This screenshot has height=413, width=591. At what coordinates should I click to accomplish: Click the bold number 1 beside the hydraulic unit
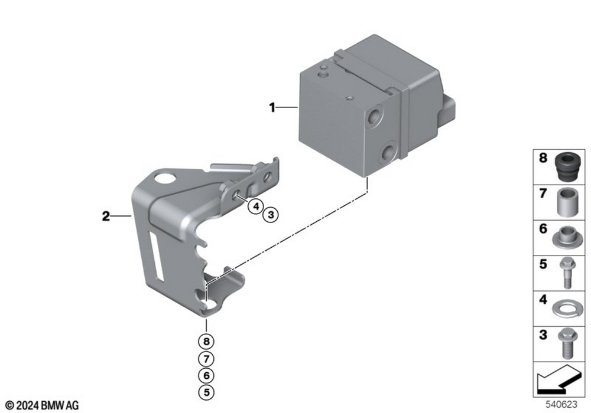tap(272, 107)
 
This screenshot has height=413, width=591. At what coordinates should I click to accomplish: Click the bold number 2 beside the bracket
tap(106, 217)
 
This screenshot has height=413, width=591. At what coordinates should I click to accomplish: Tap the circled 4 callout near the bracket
tap(256, 206)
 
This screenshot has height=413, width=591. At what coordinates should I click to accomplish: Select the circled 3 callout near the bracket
tap(271, 215)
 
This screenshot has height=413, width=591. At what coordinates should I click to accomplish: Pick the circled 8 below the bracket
tap(206, 342)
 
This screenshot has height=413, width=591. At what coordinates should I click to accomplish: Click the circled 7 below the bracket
tap(206, 359)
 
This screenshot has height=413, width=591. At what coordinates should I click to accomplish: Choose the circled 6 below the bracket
tap(206, 375)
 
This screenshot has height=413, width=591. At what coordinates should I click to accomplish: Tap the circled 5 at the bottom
tap(206, 392)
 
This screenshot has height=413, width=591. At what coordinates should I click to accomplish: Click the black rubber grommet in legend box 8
tap(569, 166)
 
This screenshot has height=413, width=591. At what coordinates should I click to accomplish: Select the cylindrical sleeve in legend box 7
tap(568, 202)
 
